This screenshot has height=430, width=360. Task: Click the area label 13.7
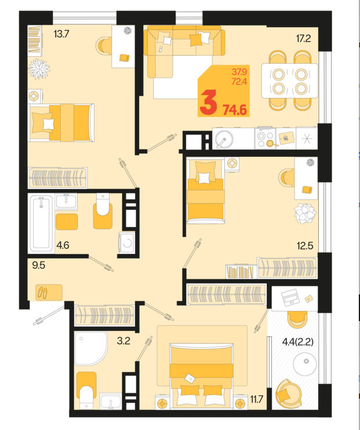61,34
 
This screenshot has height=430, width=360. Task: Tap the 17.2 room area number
303,38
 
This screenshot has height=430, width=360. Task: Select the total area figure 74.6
235,110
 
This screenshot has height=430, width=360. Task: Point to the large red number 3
209,103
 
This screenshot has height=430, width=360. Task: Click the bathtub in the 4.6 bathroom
41,223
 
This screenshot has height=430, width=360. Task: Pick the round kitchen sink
224,139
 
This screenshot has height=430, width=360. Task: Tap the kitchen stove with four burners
265,139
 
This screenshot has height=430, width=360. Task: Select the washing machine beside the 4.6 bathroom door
127,243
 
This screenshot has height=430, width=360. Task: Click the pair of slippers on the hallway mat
42,292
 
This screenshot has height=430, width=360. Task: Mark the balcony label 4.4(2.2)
298,342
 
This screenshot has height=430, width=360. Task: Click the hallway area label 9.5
38,265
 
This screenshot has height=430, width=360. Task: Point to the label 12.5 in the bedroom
305,246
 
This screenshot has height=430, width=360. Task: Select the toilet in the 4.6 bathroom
103,210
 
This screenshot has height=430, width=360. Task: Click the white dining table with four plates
289,81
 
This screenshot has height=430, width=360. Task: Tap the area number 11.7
257,399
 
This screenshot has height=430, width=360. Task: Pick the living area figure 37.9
239,72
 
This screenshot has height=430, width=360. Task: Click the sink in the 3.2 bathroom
111,401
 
